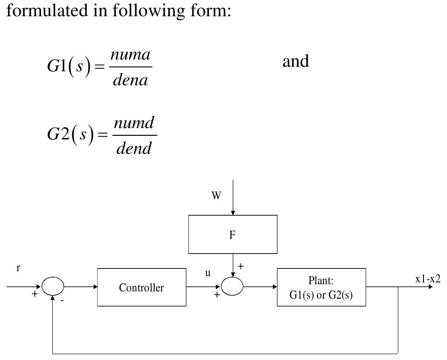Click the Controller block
pyautogui.click(x=142, y=287)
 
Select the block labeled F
pyautogui.click(x=232, y=234)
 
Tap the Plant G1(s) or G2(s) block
pyautogui.click(x=321, y=287)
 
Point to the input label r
pyautogui.click(x=18, y=268)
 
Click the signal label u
pyautogui.click(x=208, y=273)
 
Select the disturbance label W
pyautogui.click(x=217, y=196)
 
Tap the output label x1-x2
pyautogui.click(x=428, y=279)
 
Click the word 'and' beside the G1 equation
pyautogui.click(x=295, y=61)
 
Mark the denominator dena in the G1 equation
pyautogui.click(x=130, y=80)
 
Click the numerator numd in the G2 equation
pyautogui.click(x=134, y=122)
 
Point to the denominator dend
pyautogui.click(x=134, y=148)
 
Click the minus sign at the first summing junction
pyautogui.click(x=62, y=300)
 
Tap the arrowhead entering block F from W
pyautogui.click(x=233, y=212)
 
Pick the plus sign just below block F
pyautogui.click(x=241, y=267)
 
